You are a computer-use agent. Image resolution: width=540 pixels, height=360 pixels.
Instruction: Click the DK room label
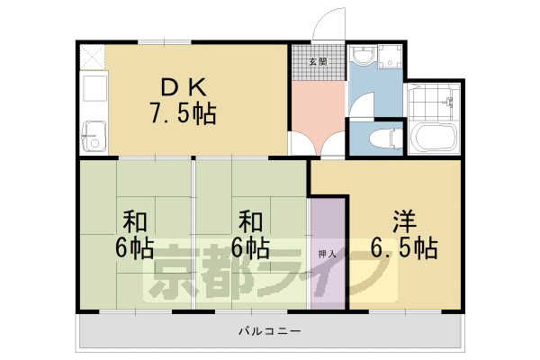184,87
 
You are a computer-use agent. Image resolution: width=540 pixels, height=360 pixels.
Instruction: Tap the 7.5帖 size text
183,113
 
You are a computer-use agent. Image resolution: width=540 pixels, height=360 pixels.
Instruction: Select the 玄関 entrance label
318,62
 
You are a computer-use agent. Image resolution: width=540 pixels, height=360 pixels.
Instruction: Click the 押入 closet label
327,254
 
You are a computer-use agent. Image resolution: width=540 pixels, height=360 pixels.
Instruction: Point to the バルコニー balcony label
270,331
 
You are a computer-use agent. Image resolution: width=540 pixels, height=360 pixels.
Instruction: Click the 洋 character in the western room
405,222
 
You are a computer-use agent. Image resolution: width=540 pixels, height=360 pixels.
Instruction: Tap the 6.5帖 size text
404,247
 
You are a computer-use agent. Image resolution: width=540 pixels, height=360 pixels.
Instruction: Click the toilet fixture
386,139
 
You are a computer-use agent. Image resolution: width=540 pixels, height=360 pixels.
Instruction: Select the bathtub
434,136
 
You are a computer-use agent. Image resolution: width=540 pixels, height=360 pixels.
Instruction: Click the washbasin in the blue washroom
362,55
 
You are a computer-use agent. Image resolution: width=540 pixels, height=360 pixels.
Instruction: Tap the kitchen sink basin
94,137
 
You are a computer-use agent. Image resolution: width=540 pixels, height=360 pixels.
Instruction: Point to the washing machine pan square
390,56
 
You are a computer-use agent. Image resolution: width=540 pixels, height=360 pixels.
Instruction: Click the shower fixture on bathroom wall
449,102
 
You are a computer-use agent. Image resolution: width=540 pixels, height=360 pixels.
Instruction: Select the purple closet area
328,254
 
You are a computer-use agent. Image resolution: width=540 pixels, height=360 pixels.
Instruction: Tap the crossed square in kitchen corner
92,58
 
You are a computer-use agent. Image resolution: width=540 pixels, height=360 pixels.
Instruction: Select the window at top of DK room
165,42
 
